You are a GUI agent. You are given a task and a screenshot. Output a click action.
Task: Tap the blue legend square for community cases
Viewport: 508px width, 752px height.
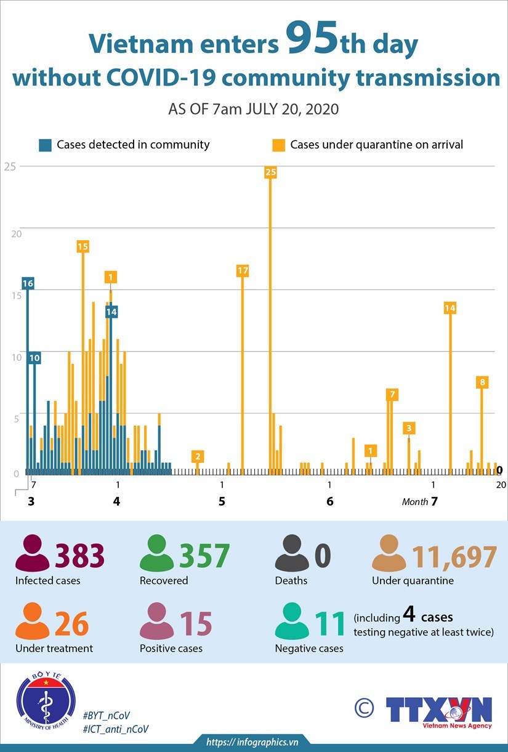click(x=45, y=145)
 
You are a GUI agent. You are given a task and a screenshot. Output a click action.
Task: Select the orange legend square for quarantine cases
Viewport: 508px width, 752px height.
click(x=279, y=145)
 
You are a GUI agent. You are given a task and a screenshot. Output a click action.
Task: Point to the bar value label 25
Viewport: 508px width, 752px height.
click(x=270, y=172)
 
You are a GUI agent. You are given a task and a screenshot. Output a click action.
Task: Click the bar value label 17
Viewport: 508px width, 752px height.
click(x=242, y=270)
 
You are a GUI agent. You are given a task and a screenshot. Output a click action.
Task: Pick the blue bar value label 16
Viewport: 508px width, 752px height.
click(x=28, y=283)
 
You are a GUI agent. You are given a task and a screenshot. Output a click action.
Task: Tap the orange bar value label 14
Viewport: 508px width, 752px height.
click(x=450, y=308)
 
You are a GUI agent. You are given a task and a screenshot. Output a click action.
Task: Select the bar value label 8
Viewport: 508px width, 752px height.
click(x=482, y=382)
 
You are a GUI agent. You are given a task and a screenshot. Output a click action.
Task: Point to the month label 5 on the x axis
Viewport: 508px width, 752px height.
click(x=222, y=501)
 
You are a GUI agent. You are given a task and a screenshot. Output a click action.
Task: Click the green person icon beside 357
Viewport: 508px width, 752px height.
click(x=157, y=554)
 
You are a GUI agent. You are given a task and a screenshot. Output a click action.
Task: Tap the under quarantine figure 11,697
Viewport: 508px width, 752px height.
click(x=454, y=556)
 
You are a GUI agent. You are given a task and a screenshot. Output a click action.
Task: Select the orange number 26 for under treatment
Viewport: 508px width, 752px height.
click(x=72, y=624)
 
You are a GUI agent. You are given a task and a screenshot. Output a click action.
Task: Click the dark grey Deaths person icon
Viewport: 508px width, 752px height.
click(x=292, y=554)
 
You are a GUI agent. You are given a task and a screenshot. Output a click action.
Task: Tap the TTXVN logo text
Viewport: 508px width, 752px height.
click(x=438, y=710)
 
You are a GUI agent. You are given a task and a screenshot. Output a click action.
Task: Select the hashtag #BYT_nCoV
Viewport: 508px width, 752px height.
click(x=106, y=715)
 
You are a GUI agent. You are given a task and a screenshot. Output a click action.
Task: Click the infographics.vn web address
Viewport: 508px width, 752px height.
click(x=252, y=742)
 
